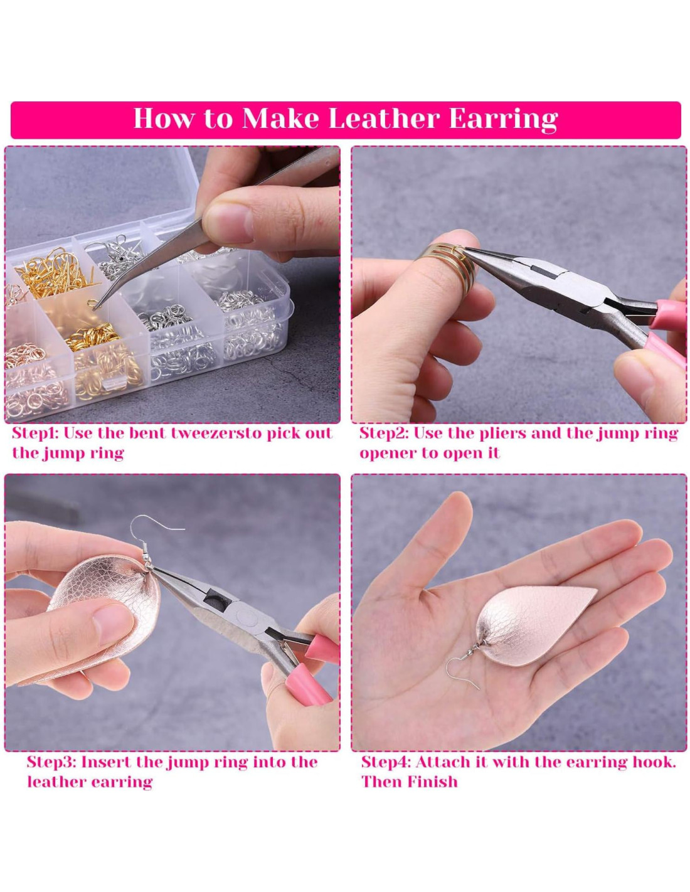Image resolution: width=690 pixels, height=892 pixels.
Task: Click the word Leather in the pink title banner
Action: coord(383,119)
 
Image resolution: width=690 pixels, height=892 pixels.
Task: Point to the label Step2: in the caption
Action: coord(384,433)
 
